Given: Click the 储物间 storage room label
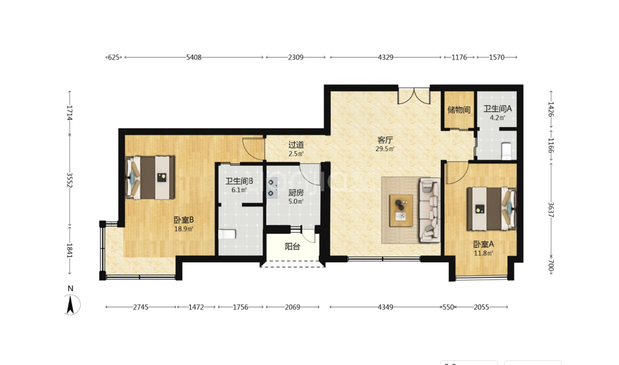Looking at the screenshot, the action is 459,110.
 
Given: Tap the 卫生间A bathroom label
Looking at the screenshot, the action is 498,108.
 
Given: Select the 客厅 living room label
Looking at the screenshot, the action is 385,140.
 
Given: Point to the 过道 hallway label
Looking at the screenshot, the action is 295,145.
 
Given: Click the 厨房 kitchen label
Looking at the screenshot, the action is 295,193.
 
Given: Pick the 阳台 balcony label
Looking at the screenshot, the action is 293,247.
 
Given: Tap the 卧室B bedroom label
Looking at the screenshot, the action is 183,220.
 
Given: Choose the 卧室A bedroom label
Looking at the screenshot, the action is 484,244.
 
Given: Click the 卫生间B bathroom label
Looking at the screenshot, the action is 239,181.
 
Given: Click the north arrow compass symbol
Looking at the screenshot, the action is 71,304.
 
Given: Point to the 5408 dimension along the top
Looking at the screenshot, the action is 194,57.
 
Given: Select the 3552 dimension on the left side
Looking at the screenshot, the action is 69,180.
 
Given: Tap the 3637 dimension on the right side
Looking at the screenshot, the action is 551,210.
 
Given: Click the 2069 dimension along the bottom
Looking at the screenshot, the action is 293,307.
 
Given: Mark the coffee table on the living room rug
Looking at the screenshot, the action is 401,210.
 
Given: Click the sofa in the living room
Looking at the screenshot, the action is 430,210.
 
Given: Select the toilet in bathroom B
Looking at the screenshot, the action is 227,234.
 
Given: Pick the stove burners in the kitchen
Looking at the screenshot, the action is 272,188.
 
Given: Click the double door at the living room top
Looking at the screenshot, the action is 413,96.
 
